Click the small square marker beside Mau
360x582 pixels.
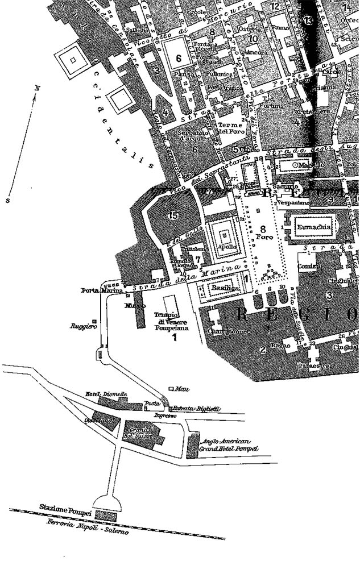tap(171, 389)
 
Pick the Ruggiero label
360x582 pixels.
tap(80, 326)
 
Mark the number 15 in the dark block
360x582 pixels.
tap(173, 215)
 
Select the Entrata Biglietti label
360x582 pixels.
tap(190, 409)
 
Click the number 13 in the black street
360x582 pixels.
tap(308, 20)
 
